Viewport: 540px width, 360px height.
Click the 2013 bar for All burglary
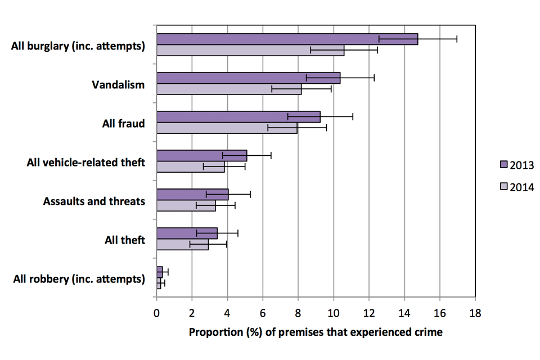coord(287,39)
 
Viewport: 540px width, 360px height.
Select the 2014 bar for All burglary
coord(250,51)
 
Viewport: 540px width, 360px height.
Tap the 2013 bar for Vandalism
coord(248,78)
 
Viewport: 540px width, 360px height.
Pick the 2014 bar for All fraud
coord(227,128)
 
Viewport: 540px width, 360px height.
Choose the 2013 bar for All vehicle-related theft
coord(201,155)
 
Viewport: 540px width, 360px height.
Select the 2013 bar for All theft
coord(187,233)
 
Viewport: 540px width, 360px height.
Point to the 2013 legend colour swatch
coord(504,164)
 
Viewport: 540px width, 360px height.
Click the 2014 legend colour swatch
coord(504,187)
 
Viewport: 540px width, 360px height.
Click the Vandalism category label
coord(118,85)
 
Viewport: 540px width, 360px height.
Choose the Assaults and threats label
coord(94,201)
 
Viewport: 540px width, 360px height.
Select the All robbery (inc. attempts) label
coord(78,278)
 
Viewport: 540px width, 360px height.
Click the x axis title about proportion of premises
coord(316,332)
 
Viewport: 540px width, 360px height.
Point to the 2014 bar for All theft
coord(182,245)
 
